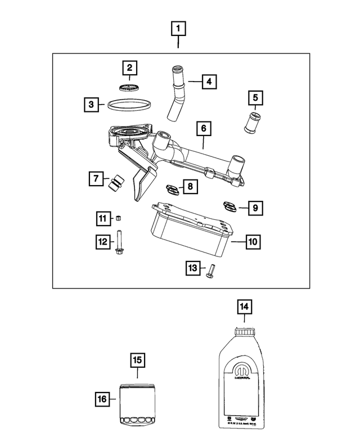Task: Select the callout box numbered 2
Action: click(x=130, y=69)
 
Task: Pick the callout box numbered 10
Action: click(x=253, y=242)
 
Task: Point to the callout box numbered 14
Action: click(x=245, y=307)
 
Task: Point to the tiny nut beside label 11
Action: click(x=119, y=217)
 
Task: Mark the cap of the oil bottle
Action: click(x=245, y=332)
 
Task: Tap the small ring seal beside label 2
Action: click(x=130, y=88)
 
